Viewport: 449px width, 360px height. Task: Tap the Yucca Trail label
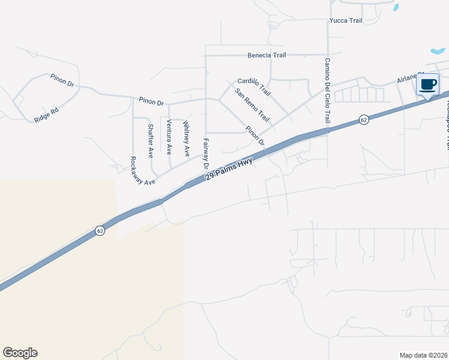click(x=346, y=20)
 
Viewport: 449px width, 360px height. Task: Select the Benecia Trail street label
click(x=267, y=55)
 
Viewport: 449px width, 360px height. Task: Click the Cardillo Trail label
click(x=254, y=88)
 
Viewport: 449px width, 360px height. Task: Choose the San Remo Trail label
click(x=252, y=108)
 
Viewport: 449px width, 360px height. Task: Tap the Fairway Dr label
click(x=205, y=154)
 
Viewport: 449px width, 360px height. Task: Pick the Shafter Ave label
click(x=150, y=141)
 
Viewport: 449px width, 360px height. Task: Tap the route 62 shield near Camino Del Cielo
click(x=364, y=120)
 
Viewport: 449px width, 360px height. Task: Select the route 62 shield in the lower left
click(x=100, y=230)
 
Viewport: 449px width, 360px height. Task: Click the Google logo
click(x=20, y=353)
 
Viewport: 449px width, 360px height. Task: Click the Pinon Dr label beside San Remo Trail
click(x=255, y=136)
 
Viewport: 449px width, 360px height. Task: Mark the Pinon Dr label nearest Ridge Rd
click(x=61, y=79)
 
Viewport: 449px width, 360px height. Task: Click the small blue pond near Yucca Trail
click(x=395, y=7)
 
